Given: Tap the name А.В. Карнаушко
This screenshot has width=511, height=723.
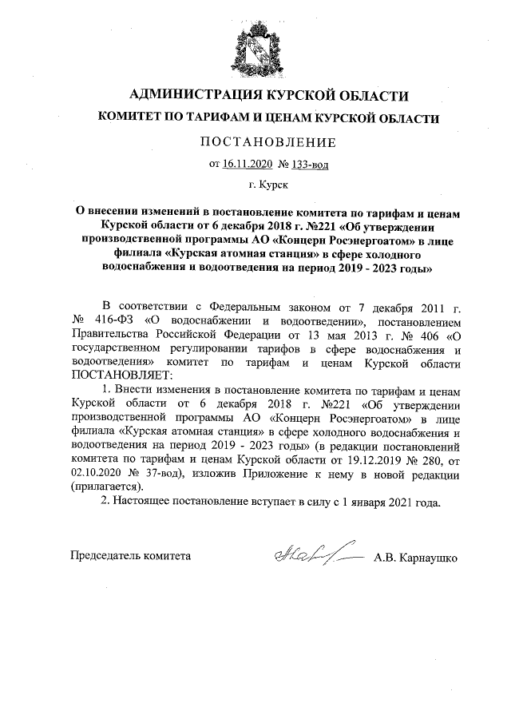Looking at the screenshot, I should (x=415, y=557).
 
